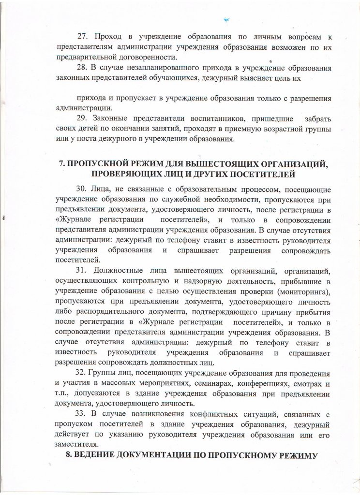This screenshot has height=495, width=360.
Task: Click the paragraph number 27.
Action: coord(84,37)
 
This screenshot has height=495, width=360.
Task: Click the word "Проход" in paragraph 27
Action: coord(107,37)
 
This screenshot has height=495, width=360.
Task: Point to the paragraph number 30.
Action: coord(83,188)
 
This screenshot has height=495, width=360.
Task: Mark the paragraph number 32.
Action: coord(83,375)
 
